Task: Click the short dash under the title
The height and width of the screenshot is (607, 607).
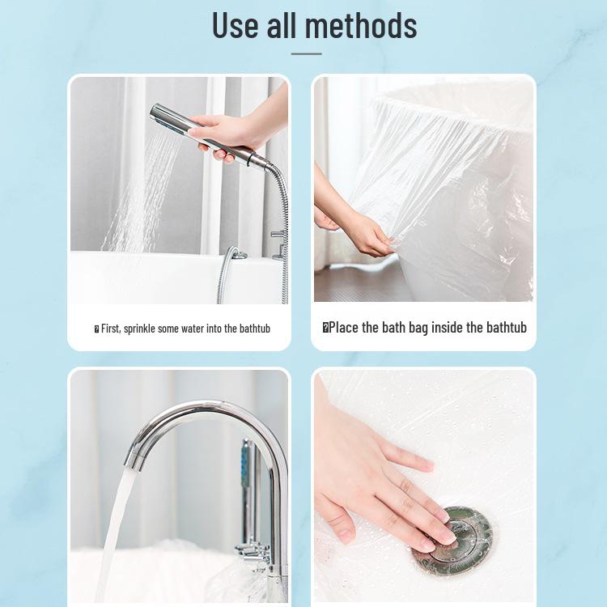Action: click(x=306, y=54)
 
